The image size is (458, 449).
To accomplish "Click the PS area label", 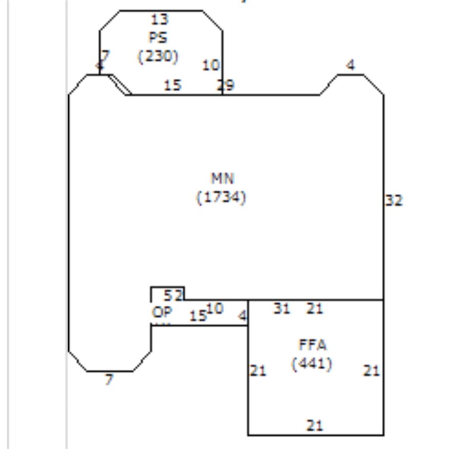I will [158, 38].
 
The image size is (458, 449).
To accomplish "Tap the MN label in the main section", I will [223, 178].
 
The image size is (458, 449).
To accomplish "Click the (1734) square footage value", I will [222, 197].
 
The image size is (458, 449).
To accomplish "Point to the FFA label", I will [312, 345].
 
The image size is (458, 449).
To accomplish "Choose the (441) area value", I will [312, 364].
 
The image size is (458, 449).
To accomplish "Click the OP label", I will [162, 312].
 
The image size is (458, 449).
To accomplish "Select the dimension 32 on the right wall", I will [394, 200].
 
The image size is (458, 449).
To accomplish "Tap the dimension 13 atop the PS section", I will [160, 19].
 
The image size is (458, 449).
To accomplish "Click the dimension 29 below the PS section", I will [226, 85].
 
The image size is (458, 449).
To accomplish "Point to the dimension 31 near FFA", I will [281, 308].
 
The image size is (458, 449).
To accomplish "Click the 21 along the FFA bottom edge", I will [315, 425].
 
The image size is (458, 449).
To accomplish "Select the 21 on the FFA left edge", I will [258, 371].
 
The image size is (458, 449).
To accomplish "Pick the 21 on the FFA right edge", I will [372, 371].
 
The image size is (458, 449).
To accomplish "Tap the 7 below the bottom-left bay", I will [108, 379].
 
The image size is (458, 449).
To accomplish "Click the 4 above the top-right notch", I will [350, 65].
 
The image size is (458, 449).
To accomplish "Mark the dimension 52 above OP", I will [173, 295].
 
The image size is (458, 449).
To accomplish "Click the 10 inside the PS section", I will [211, 65].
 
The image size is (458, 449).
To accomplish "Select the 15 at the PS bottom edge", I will [173, 85].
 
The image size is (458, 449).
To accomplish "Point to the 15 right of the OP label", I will [198, 316].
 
